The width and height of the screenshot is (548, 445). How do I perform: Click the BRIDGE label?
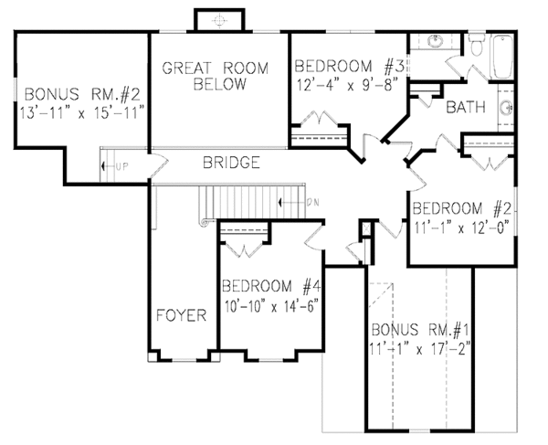point(231,164)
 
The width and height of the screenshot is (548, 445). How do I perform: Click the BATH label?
point(464,109)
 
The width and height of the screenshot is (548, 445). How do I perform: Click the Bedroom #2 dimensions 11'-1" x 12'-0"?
point(463,221)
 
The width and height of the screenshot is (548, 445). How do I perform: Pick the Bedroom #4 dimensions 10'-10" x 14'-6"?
point(270,305)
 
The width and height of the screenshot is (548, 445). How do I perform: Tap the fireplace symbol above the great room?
point(219,19)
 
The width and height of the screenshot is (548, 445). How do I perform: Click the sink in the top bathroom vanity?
point(436,42)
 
